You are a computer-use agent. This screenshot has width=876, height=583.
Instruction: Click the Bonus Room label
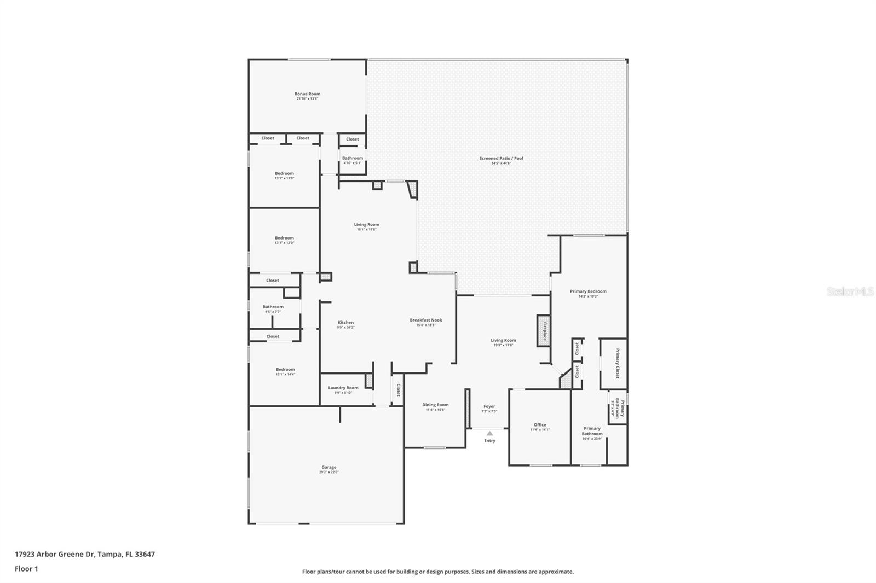pyautogui.click(x=307, y=94)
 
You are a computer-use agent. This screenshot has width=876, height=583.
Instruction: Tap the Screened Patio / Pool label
pyautogui.click(x=501, y=159)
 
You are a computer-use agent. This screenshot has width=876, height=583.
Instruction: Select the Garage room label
pyautogui.click(x=329, y=468)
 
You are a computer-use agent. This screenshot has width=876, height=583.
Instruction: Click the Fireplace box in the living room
pyautogui.click(x=544, y=330)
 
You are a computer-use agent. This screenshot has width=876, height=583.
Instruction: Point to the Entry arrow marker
pyautogui.click(x=489, y=434)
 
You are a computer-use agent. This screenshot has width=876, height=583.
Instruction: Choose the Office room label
pyautogui.click(x=540, y=425)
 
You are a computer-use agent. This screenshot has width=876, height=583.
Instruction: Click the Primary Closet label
pyautogui.click(x=617, y=364)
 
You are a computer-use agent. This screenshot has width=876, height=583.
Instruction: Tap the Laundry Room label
pyautogui.click(x=343, y=388)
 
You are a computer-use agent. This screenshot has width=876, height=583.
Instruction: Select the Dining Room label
pyautogui.click(x=435, y=405)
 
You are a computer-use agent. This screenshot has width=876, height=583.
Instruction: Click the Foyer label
pyautogui.click(x=489, y=406)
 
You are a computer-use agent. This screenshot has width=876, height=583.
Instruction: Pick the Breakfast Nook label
pyautogui.click(x=425, y=320)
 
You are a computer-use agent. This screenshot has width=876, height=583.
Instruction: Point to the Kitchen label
pyautogui.click(x=345, y=323)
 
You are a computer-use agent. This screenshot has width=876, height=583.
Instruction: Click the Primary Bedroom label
pyautogui.click(x=588, y=291)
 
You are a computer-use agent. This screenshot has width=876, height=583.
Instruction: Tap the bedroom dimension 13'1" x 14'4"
pyautogui.click(x=285, y=375)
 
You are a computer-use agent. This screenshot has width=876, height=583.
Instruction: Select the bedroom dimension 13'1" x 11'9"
pyautogui.click(x=284, y=178)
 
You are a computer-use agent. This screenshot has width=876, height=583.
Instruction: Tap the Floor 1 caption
pyautogui.click(x=26, y=569)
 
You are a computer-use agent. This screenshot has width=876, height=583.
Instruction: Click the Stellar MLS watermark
pyautogui.click(x=850, y=291)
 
